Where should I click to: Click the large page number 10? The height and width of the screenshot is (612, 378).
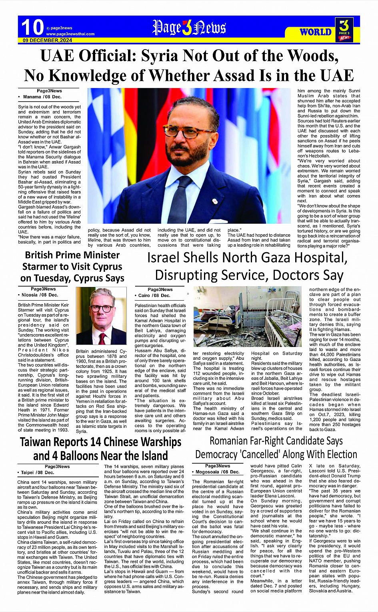(32, 28)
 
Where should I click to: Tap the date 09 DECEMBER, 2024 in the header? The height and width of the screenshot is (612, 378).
(47, 40)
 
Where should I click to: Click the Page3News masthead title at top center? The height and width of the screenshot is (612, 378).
(189, 28)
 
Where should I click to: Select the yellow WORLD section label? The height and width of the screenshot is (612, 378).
(316, 32)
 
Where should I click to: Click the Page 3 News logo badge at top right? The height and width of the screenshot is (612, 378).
(344, 30)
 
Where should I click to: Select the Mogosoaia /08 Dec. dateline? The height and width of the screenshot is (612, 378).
(218, 472)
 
